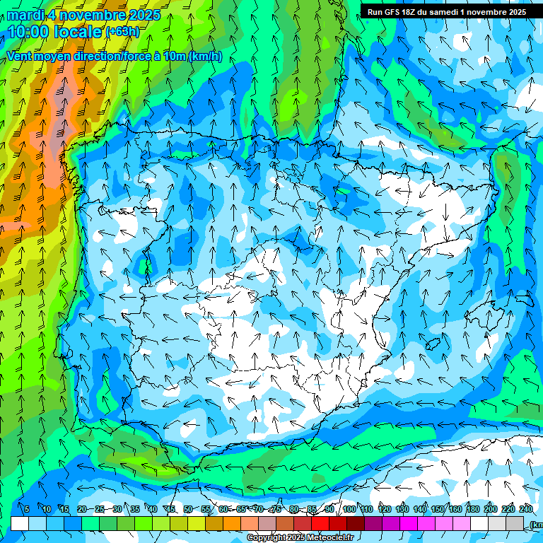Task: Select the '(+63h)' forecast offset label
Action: click(122, 32)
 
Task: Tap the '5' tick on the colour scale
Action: click(27, 509)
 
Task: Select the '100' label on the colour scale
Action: click(349, 509)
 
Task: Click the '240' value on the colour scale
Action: click(526, 509)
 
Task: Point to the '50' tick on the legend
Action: click(187, 509)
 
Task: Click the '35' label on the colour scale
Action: click(134, 509)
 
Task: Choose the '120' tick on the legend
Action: click(384, 509)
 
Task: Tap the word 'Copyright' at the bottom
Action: click(267, 538)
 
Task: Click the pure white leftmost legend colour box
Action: click(20, 523)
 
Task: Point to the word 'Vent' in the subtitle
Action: click(19, 57)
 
